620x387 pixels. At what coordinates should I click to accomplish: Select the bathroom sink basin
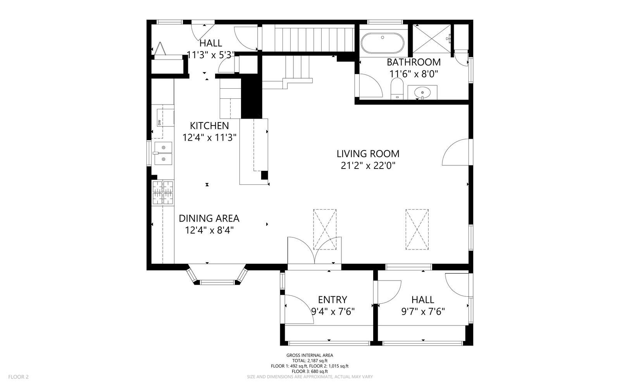422,93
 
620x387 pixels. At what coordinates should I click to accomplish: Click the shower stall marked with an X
432,38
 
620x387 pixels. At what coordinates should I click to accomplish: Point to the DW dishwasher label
159,122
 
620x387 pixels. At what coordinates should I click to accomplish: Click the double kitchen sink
163,153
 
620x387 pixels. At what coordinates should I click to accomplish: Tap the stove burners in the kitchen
163,193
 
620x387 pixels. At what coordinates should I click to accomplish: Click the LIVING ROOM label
368,154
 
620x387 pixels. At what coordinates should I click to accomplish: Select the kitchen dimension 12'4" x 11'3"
209,138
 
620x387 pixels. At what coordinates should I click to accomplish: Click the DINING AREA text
209,218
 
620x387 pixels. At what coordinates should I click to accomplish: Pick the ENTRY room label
332,299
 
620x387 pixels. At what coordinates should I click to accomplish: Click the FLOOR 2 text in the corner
19,377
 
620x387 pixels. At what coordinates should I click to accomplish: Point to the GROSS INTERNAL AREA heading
310,355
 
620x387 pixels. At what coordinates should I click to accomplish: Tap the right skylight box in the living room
417,229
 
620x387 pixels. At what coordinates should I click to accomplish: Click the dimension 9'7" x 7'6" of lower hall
423,311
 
